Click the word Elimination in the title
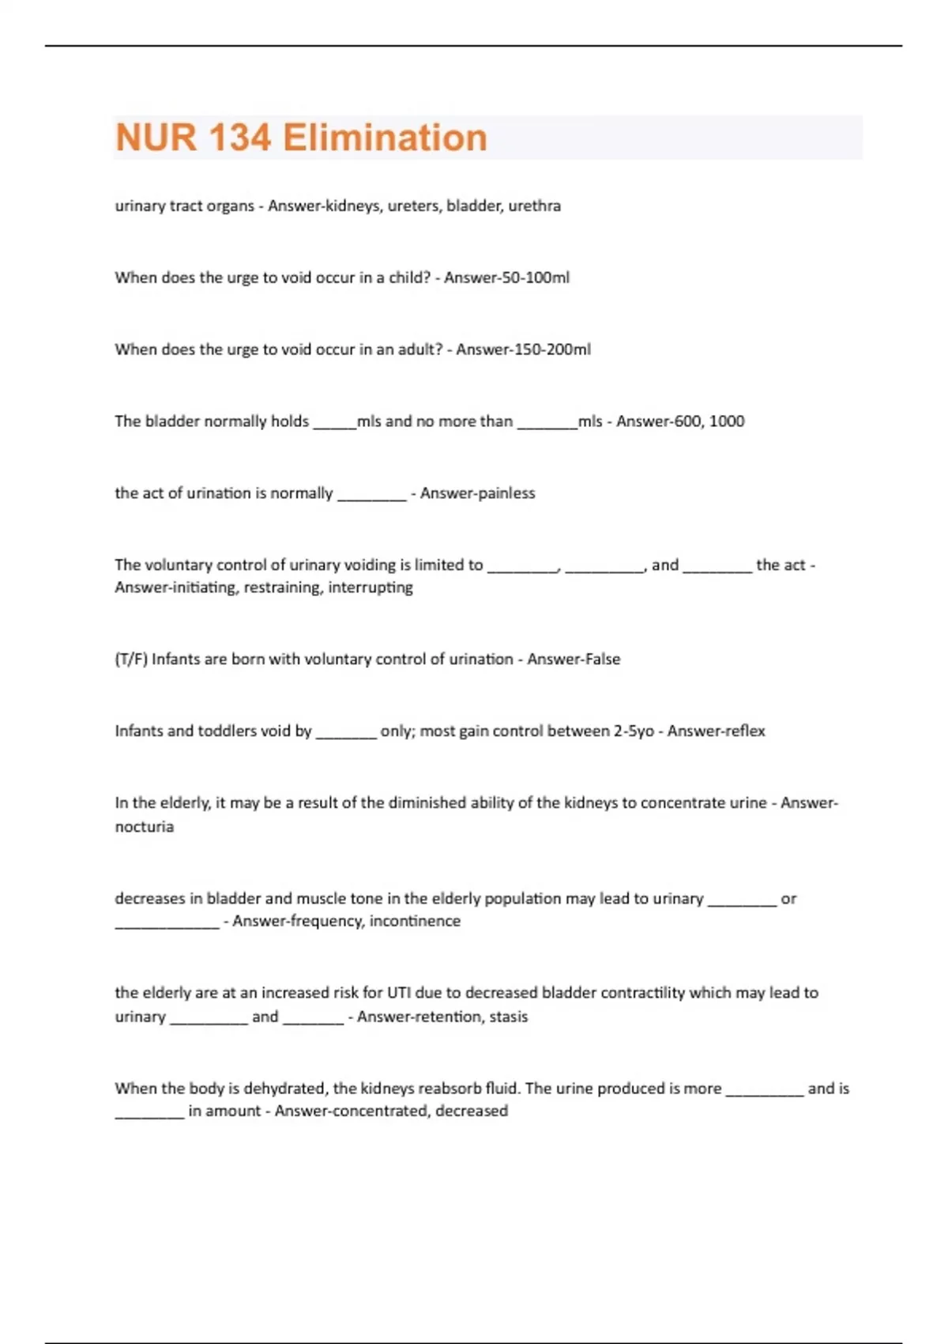click(x=385, y=138)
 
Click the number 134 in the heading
click(x=239, y=138)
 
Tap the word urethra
click(x=535, y=206)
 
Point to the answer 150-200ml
click(x=552, y=349)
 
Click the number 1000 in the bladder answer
click(x=727, y=421)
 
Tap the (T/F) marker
click(x=131, y=659)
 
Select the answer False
click(x=600, y=659)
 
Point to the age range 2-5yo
click(x=634, y=731)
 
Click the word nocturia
click(x=145, y=827)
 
